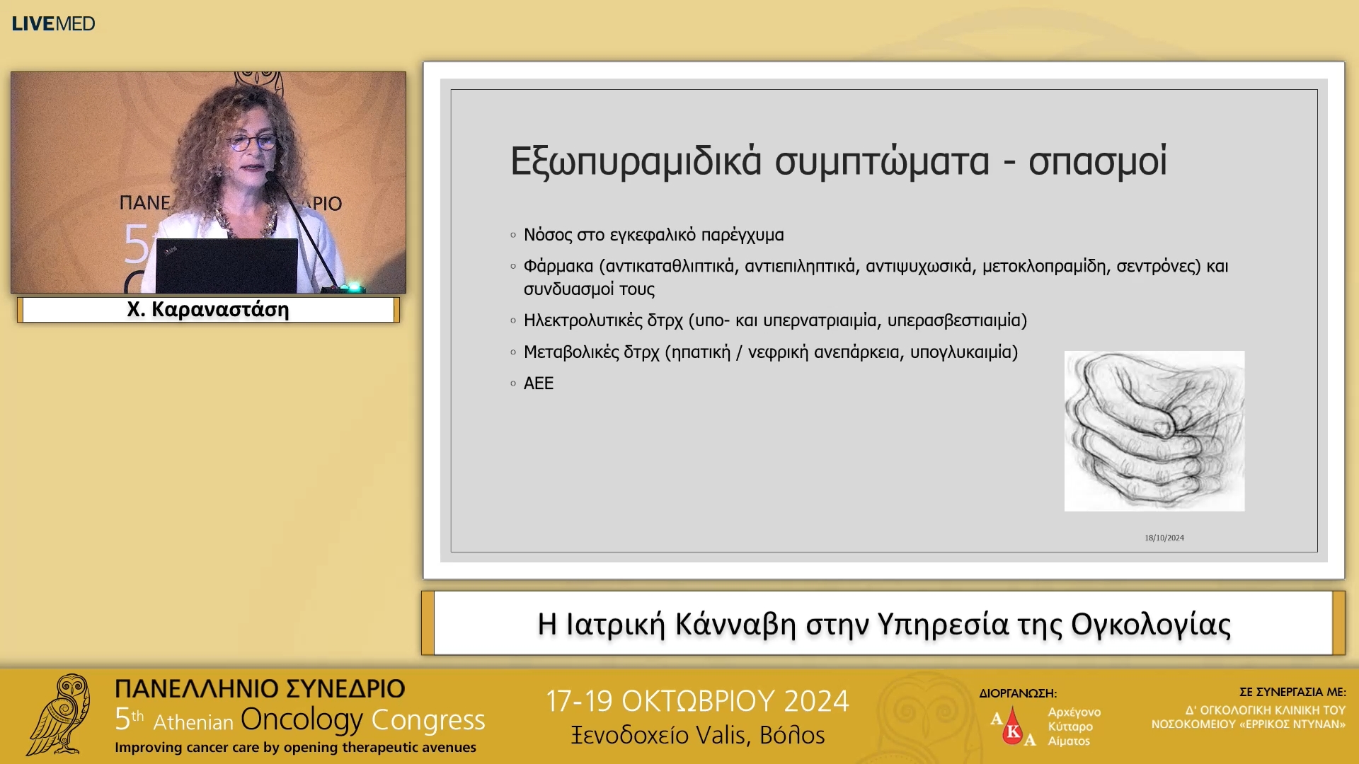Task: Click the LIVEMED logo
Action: click(x=53, y=23)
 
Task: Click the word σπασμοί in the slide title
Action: click(x=1097, y=161)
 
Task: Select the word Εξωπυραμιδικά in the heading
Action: click(x=636, y=161)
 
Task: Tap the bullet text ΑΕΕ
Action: click(x=538, y=383)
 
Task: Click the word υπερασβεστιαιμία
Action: click(x=956, y=320)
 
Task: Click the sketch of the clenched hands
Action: click(x=1154, y=431)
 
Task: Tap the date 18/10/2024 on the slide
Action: click(x=1164, y=538)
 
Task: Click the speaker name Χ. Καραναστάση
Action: click(x=208, y=310)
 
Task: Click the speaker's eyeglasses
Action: click(x=252, y=141)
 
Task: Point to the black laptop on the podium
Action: click(x=226, y=265)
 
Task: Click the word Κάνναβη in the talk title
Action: click(x=735, y=624)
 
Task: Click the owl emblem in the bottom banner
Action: click(x=60, y=714)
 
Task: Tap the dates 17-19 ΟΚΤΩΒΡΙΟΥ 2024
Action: click(x=696, y=701)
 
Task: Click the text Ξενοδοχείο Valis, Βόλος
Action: click(x=698, y=736)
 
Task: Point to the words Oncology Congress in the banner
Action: click(x=362, y=719)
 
